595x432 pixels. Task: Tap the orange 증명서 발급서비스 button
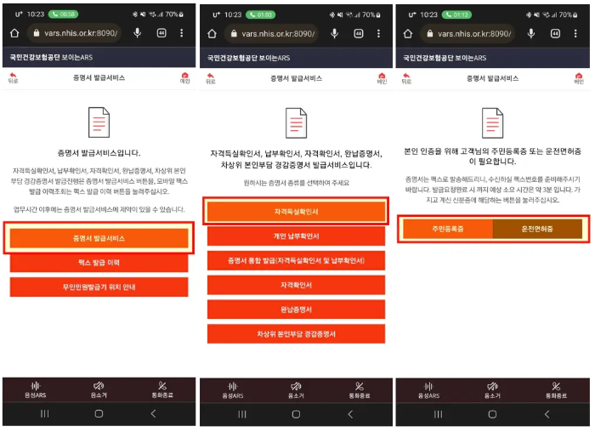pos(99,238)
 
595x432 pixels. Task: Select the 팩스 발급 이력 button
pos(99,263)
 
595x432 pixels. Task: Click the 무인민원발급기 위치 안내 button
pos(99,287)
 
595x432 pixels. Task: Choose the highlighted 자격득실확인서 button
pos(296,212)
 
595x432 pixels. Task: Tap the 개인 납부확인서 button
pos(296,236)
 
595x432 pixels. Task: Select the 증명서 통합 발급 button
pos(296,260)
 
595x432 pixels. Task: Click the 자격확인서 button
pos(296,285)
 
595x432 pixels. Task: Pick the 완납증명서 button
pos(296,310)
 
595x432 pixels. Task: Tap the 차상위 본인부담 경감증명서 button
pos(296,334)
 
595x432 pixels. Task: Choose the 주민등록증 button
pos(447,229)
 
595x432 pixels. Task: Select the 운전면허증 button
pos(537,229)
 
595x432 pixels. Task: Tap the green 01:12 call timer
pos(456,14)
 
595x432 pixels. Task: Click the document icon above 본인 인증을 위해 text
pos(492,123)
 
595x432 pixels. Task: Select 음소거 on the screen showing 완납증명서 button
pos(296,390)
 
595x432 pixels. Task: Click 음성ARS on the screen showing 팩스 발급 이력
pos(35,390)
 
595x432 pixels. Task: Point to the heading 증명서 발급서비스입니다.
pos(99,153)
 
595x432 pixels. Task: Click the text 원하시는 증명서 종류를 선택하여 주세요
pos(296,183)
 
